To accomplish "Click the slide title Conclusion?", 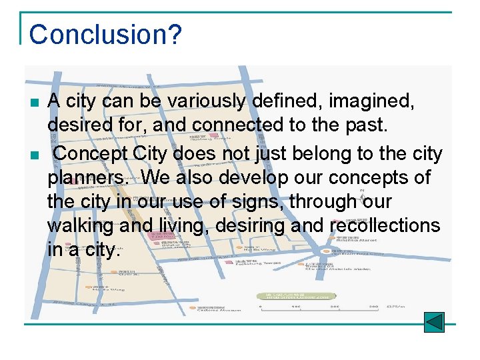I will pyautogui.click(x=105, y=34).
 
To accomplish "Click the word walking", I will pyautogui.click(x=81, y=226).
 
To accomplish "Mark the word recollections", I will pyautogui.click(x=385, y=225).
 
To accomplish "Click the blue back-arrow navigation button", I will pyautogui.click(x=434, y=322).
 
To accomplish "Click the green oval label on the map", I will pyautogui.click(x=291, y=295).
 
